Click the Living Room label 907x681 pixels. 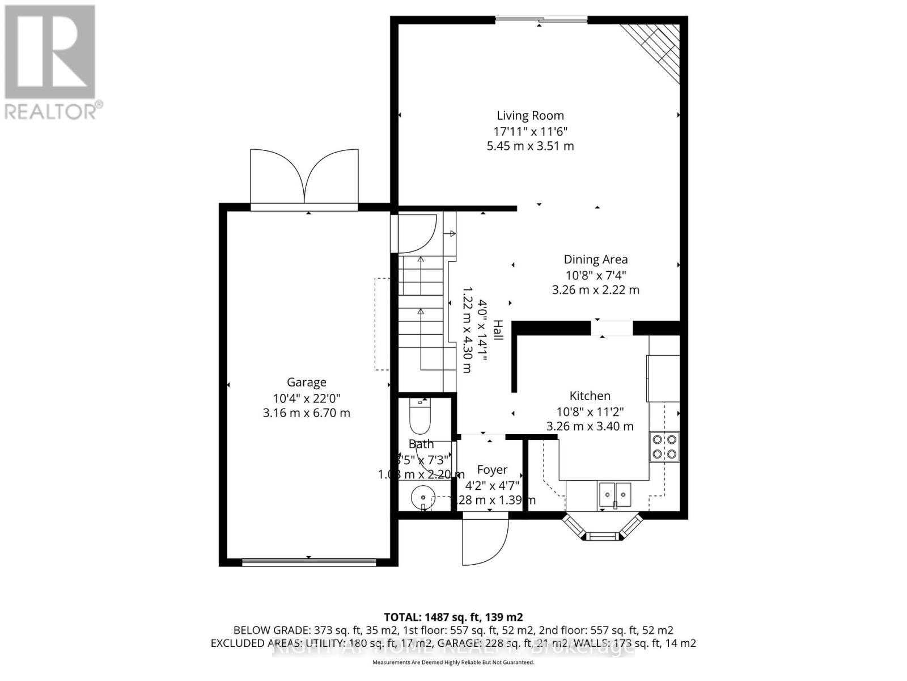[x=530, y=116]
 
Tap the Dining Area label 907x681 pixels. [x=595, y=259]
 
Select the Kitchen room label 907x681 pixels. [x=590, y=396]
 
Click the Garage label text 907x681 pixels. [x=306, y=382]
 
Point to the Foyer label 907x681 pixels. [x=491, y=470]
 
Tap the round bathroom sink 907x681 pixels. [x=422, y=498]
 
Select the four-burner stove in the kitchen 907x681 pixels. [x=664, y=446]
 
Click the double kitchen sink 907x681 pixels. [x=614, y=494]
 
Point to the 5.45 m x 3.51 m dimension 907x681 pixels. [x=530, y=146]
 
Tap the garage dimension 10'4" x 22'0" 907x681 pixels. [x=306, y=398]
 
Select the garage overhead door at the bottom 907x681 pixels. [x=309, y=562]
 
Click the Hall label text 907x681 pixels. [x=497, y=330]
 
